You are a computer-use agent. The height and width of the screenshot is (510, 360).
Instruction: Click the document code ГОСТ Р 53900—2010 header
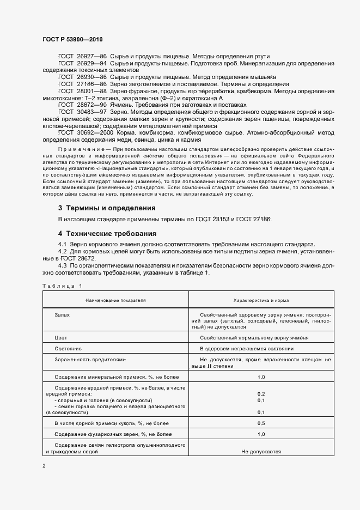point(72,40)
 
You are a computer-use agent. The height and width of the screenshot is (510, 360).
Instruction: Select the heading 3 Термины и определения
point(107,208)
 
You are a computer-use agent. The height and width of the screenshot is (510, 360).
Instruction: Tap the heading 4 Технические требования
point(107,233)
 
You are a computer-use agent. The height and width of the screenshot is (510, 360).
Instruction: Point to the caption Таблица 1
point(61,286)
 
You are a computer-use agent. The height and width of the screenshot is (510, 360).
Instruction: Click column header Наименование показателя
point(115,300)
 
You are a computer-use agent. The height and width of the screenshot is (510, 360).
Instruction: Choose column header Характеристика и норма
point(261,300)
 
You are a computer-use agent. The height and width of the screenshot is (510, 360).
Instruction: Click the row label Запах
point(62,315)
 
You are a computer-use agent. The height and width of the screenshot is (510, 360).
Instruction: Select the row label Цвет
point(60,338)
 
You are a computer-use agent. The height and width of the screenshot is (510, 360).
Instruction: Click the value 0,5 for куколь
point(261,423)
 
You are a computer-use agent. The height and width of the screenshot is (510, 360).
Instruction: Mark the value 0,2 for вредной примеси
point(261,393)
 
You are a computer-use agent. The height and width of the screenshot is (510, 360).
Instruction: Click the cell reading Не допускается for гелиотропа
point(261,452)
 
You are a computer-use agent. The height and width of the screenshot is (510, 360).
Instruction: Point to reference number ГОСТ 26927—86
point(82,56)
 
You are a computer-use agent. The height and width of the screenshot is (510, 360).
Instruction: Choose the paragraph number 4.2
point(62,251)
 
